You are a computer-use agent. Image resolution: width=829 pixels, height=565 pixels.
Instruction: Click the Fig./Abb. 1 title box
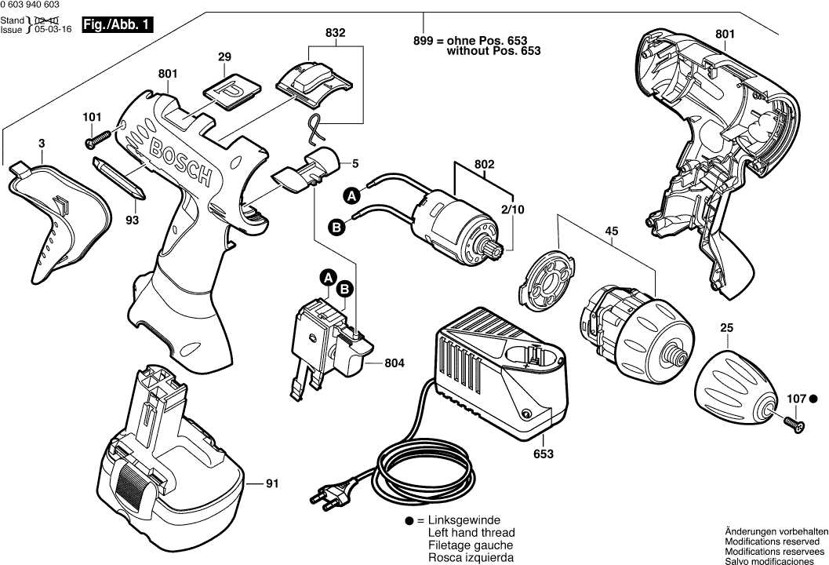coord(118,25)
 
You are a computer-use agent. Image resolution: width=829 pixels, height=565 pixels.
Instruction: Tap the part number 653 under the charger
coord(543,454)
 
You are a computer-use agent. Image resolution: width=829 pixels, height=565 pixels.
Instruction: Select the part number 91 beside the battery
coord(271,484)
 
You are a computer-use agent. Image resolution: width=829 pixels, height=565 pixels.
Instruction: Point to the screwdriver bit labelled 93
coord(118,178)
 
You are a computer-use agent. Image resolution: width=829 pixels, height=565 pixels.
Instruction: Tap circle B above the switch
coord(344,290)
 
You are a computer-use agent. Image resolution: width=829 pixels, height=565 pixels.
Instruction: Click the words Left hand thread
coord(470,533)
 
